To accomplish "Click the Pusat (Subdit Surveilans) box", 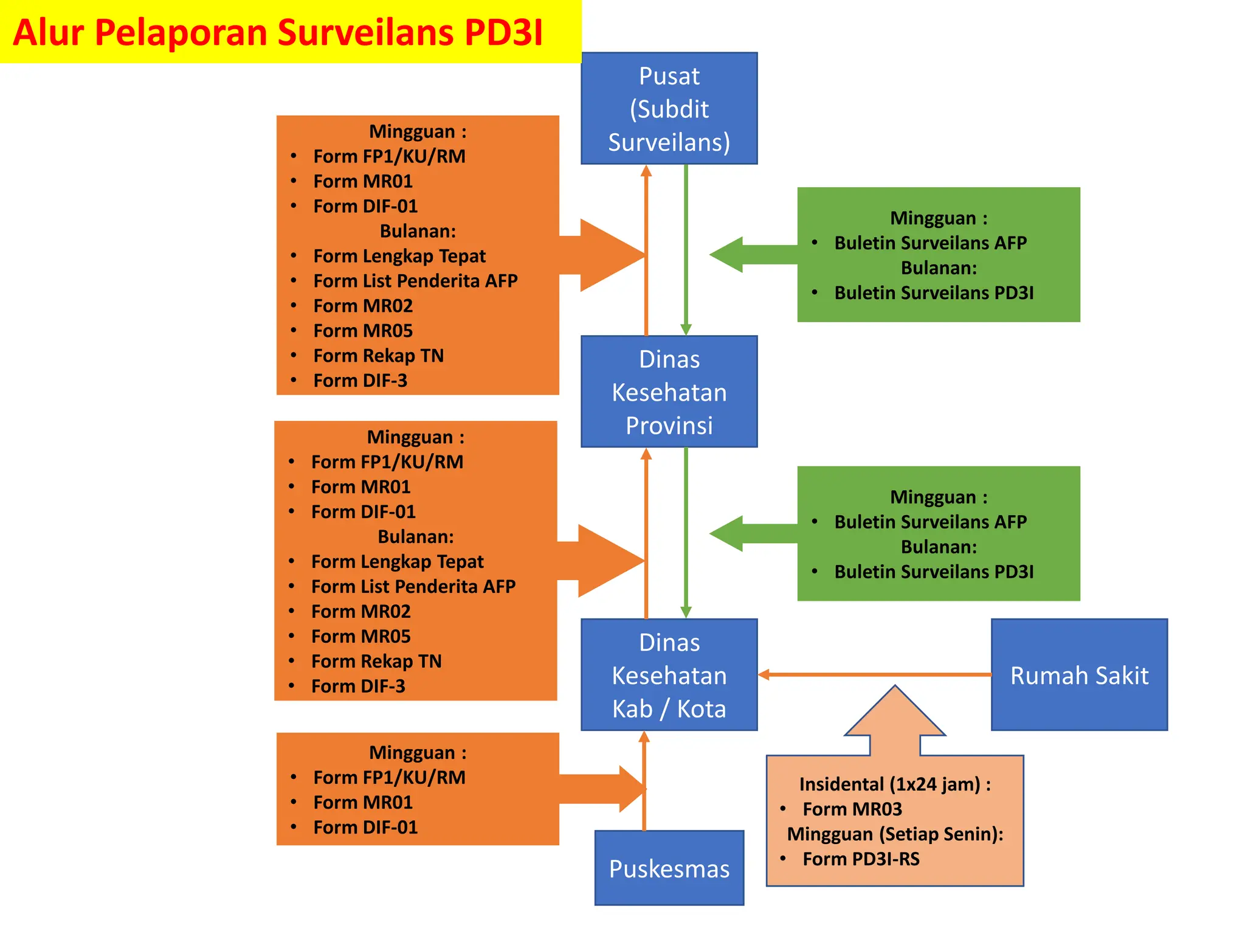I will [669, 108].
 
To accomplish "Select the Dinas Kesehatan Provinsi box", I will [669, 392].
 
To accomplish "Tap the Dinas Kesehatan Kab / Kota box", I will [669, 675].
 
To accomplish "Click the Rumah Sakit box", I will [1079, 675].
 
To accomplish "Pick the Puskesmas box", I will [669, 868].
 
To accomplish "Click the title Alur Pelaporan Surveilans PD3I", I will [278, 32].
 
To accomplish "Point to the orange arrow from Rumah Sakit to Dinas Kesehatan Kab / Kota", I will [875, 674].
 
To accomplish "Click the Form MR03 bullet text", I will [852, 809].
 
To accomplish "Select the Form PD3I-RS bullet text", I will [861, 859].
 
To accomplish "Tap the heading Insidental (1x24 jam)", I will [894, 784].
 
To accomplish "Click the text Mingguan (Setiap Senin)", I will [895, 834].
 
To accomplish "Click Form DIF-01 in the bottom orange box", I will [365, 828].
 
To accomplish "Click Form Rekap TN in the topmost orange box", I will [378, 356].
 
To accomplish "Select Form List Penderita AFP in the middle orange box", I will [413, 587].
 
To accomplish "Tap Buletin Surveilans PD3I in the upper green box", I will [934, 293].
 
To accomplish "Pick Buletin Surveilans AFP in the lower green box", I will [930, 522].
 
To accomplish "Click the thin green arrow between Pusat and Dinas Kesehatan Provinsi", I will [686, 249].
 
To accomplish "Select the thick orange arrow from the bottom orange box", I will [599, 789].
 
